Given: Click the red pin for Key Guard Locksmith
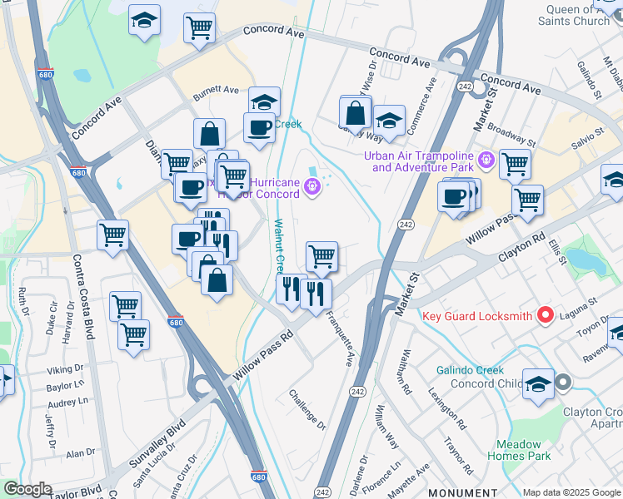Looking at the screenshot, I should click(546, 315).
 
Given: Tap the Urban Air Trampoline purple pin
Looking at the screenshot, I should click(487, 158).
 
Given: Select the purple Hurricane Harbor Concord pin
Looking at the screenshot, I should click(312, 188).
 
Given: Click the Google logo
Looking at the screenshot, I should click(27, 489).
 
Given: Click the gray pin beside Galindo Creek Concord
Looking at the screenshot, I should click(563, 383).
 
